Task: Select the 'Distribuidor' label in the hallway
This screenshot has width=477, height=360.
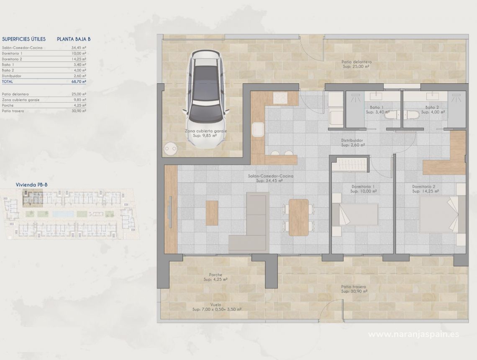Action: click(x=354, y=141)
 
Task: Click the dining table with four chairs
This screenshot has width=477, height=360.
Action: click(x=298, y=216)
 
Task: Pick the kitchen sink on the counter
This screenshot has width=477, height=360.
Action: click(x=258, y=129)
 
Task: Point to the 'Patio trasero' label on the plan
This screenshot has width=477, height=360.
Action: click(x=354, y=287)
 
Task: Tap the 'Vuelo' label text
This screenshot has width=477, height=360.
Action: click(x=216, y=305)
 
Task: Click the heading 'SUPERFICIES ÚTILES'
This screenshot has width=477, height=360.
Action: click(x=24, y=39)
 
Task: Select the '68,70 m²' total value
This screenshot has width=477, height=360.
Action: click(x=79, y=82)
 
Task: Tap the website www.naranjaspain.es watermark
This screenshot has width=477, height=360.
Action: click(x=413, y=334)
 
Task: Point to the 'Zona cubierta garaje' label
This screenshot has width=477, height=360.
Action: click(x=206, y=131)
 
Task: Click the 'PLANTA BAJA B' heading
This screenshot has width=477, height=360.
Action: click(x=74, y=39)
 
